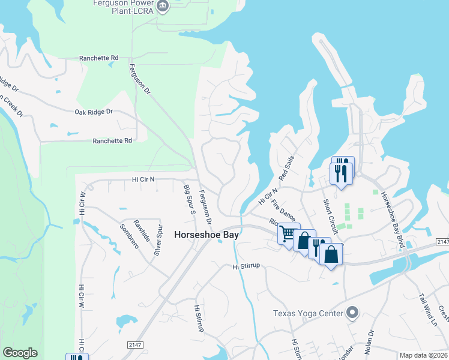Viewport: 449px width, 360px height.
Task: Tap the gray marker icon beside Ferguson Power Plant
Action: [162, 7]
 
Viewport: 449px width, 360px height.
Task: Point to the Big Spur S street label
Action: [189, 200]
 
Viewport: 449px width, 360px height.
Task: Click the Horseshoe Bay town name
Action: [206, 235]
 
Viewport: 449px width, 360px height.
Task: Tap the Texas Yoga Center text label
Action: [307, 313]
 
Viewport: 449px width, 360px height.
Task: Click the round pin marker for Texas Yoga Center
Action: [352, 313]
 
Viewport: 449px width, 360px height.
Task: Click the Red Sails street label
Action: [287, 168]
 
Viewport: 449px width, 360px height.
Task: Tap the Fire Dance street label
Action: [283, 209]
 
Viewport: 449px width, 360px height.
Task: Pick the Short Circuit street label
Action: [330, 215]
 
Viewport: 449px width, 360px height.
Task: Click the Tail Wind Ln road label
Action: [428, 308]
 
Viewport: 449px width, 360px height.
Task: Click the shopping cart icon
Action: [288, 233]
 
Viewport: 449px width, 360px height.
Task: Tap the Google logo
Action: [20, 353]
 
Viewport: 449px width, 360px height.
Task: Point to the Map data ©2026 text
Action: [423, 355]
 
